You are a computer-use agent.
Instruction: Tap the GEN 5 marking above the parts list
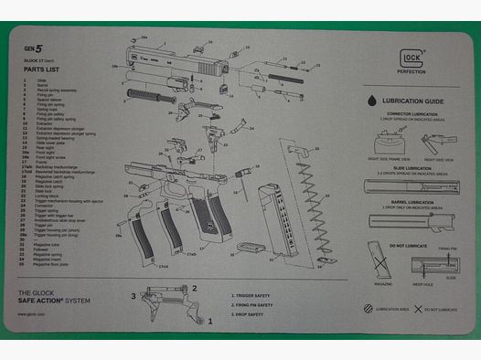click(x=33, y=48)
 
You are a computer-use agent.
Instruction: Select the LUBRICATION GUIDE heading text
click(x=413, y=102)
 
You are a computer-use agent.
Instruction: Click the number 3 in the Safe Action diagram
click(x=134, y=295)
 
